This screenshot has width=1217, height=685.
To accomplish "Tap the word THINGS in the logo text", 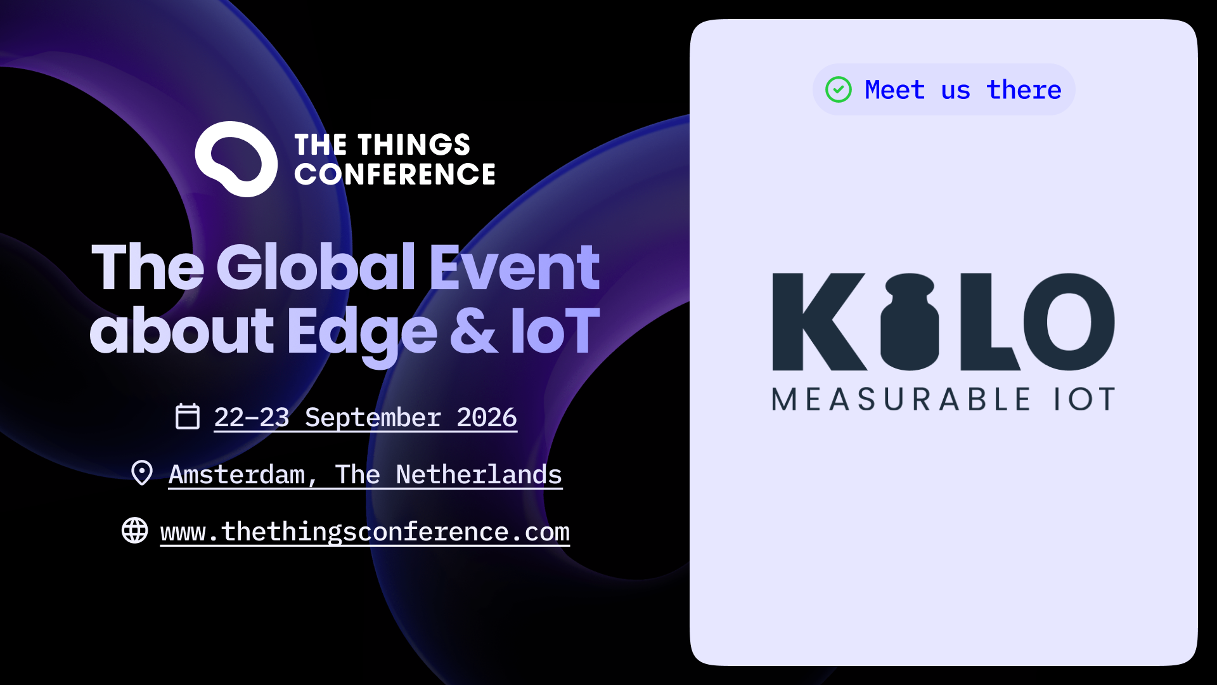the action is click(414, 145).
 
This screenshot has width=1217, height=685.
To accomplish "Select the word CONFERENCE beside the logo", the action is click(395, 174).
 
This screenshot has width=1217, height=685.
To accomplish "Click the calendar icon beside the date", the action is click(188, 416).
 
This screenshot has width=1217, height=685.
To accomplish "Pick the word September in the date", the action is click(373, 418).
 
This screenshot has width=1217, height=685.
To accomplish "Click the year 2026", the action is click(487, 417).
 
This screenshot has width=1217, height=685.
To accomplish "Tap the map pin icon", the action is click(142, 473).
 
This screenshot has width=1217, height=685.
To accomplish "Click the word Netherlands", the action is click(479, 474).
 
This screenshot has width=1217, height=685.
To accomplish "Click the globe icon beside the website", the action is click(135, 530).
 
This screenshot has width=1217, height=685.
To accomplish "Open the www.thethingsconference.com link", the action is click(365, 532).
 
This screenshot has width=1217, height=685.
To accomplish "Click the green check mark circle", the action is click(839, 89).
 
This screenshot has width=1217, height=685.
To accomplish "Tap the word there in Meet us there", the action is click(1024, 89).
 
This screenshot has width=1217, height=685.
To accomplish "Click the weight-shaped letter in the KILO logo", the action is click(910, 322).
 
